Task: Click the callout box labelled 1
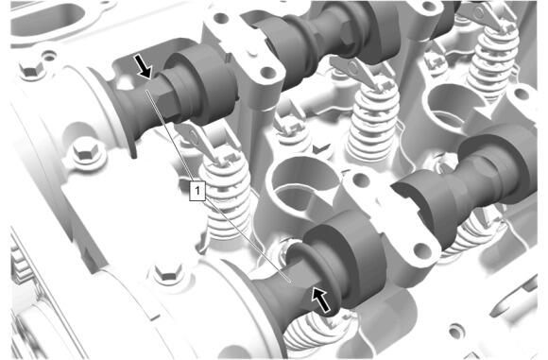tap(197, 191)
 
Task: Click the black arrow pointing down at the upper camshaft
tap(144, 66)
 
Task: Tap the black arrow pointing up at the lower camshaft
tap(321, 299)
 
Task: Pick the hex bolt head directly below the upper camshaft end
tap(85, 152)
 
